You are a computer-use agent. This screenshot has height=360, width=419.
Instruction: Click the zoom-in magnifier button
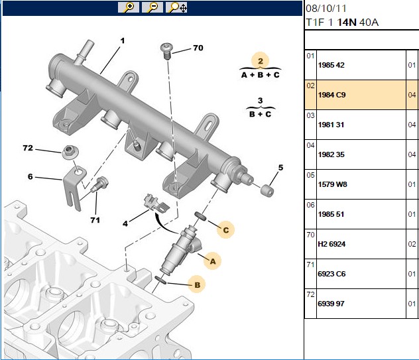129,7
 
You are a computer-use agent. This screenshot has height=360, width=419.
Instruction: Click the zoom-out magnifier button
152,7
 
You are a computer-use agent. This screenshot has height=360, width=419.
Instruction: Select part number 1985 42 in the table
331,65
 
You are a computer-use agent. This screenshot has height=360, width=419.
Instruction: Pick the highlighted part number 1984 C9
331,95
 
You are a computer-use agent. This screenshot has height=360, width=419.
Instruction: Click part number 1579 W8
332,184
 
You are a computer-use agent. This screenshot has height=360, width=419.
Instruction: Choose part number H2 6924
331,244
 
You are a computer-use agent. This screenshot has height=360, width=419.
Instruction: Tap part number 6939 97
331,304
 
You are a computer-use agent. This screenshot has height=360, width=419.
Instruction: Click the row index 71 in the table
310,265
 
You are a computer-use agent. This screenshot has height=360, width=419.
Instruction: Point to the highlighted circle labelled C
226,230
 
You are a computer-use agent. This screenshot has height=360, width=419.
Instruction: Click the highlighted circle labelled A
212,261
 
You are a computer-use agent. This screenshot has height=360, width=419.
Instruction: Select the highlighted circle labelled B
197,284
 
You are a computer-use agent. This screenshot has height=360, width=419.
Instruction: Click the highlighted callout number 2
261,61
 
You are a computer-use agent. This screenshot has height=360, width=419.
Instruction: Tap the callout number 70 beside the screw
198,48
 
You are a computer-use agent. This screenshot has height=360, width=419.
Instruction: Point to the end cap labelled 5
267,190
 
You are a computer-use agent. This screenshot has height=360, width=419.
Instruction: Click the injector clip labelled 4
156,204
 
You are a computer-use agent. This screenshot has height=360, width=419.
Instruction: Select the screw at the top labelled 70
166,51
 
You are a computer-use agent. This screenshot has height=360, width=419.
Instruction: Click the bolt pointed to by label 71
99,184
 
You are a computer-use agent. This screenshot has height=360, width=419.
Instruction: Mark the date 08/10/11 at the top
326,9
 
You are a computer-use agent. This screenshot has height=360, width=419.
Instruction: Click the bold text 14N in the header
347,22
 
